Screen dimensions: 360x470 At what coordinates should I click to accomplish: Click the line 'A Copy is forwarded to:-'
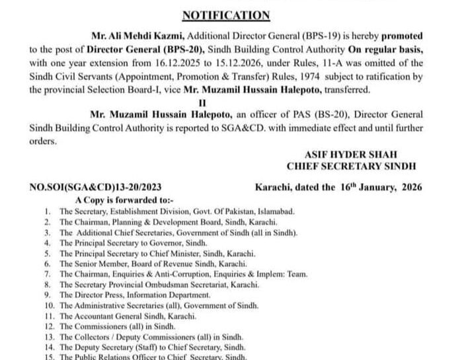[115, 199]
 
